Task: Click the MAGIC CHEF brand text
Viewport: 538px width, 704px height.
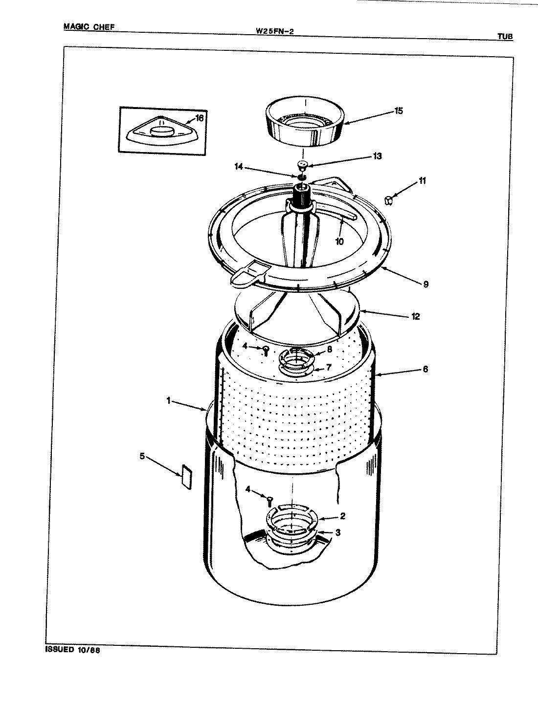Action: click(x=89, y=27)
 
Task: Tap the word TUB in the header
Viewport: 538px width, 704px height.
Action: click(x=505, y=36)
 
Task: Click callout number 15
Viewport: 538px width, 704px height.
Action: click(x=398, y=111)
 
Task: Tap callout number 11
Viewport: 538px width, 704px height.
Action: click(x=422, y=181)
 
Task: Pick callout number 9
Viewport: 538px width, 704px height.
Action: click(x=426, y=284)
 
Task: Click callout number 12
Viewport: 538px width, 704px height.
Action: click(x=416, y=316)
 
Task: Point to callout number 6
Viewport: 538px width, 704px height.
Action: click(x=425, y=369)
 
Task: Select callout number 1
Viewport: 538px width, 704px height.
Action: click(x=168, y=400)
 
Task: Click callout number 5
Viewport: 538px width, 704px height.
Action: click(x=142, y=456)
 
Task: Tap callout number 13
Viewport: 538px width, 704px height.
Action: click(x=377, y=156)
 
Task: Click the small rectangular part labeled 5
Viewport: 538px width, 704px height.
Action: click(x=185, y=475)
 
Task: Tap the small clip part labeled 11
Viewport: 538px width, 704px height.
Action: click(x=389, y=199)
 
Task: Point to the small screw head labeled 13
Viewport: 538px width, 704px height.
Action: click(x=302, y=164)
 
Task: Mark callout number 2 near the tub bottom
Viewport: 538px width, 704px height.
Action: click(x=342, y=516)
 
